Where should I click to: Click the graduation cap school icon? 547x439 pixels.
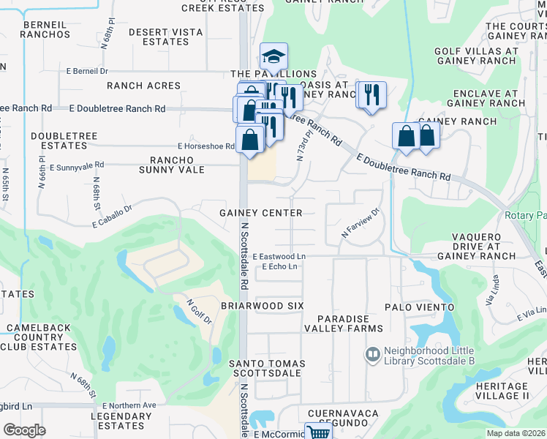pyautogui.click(x=273, y=56)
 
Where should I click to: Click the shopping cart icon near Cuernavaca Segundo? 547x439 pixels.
pyautogui.click(x=318, y=432)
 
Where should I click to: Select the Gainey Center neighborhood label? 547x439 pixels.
pyautogui.click(x=261, y=213)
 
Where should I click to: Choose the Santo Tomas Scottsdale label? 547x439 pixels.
pyautogui.click(x=265, y=368)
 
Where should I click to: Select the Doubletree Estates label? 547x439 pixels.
pyautogui.click(x=59, y=141)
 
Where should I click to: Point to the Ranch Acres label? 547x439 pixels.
pyautogui.click(x=143, y=86)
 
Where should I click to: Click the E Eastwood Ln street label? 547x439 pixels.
pyautogui.click(x=279, y=257)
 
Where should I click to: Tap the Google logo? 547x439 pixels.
pyautogui.click(x=24, y=430)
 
